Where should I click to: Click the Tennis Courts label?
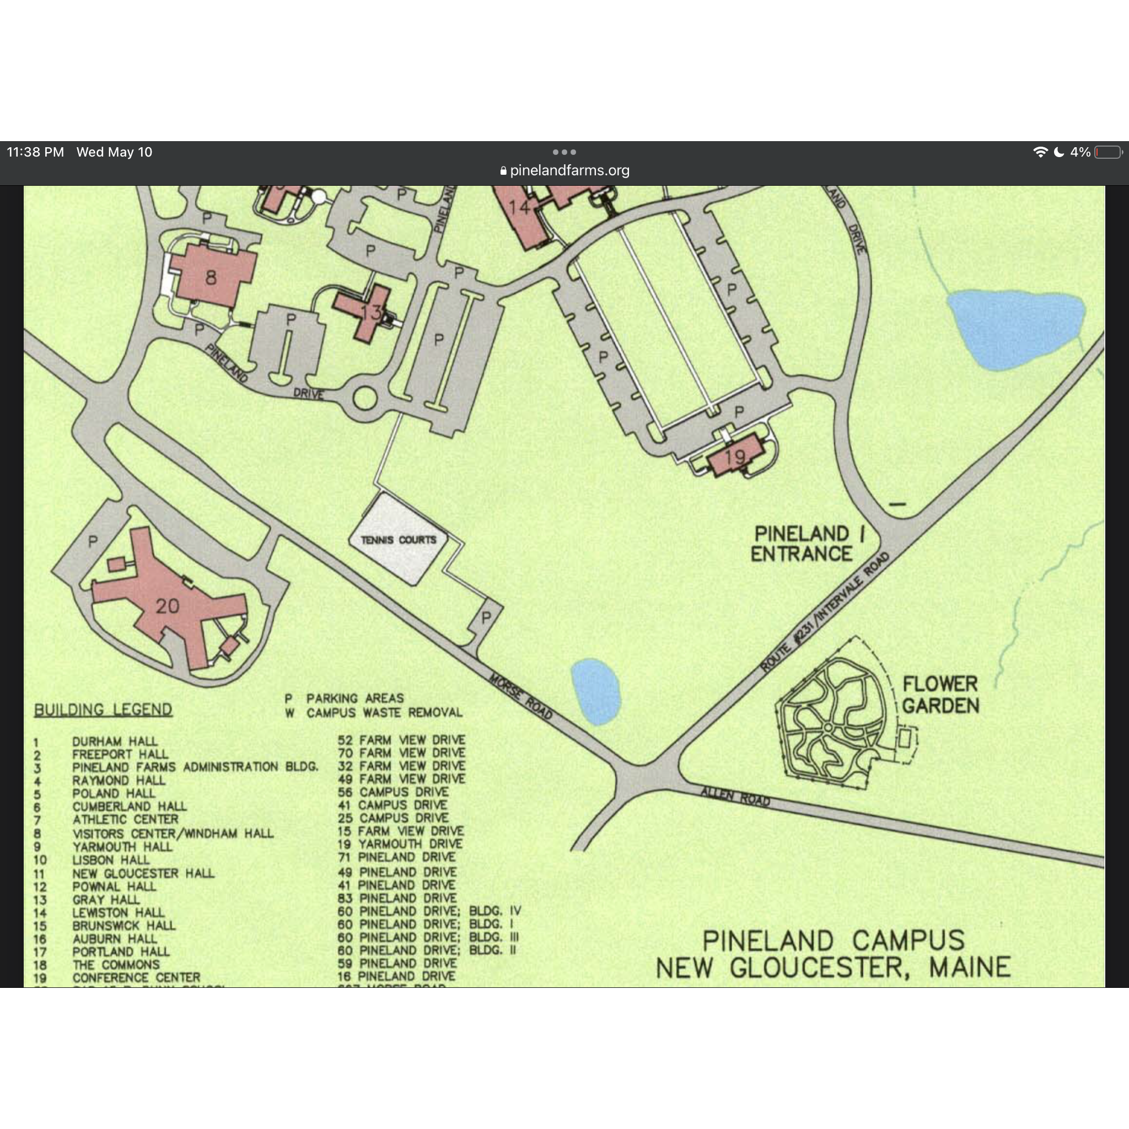click(399, 540)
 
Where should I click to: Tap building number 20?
click(167, 606)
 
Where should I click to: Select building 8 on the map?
click(211, 277)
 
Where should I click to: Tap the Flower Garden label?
click(940, 695)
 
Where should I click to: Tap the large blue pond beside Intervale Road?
click(1015, 330)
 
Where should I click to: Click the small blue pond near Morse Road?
click(595, 692)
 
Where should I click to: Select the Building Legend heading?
click(103, 709)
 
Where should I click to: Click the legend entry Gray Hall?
click(106, 899)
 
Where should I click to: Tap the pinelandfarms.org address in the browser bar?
click(569, 171)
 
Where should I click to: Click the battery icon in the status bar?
click(1108, 153)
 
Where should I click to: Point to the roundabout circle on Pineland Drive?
click(364, 399)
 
